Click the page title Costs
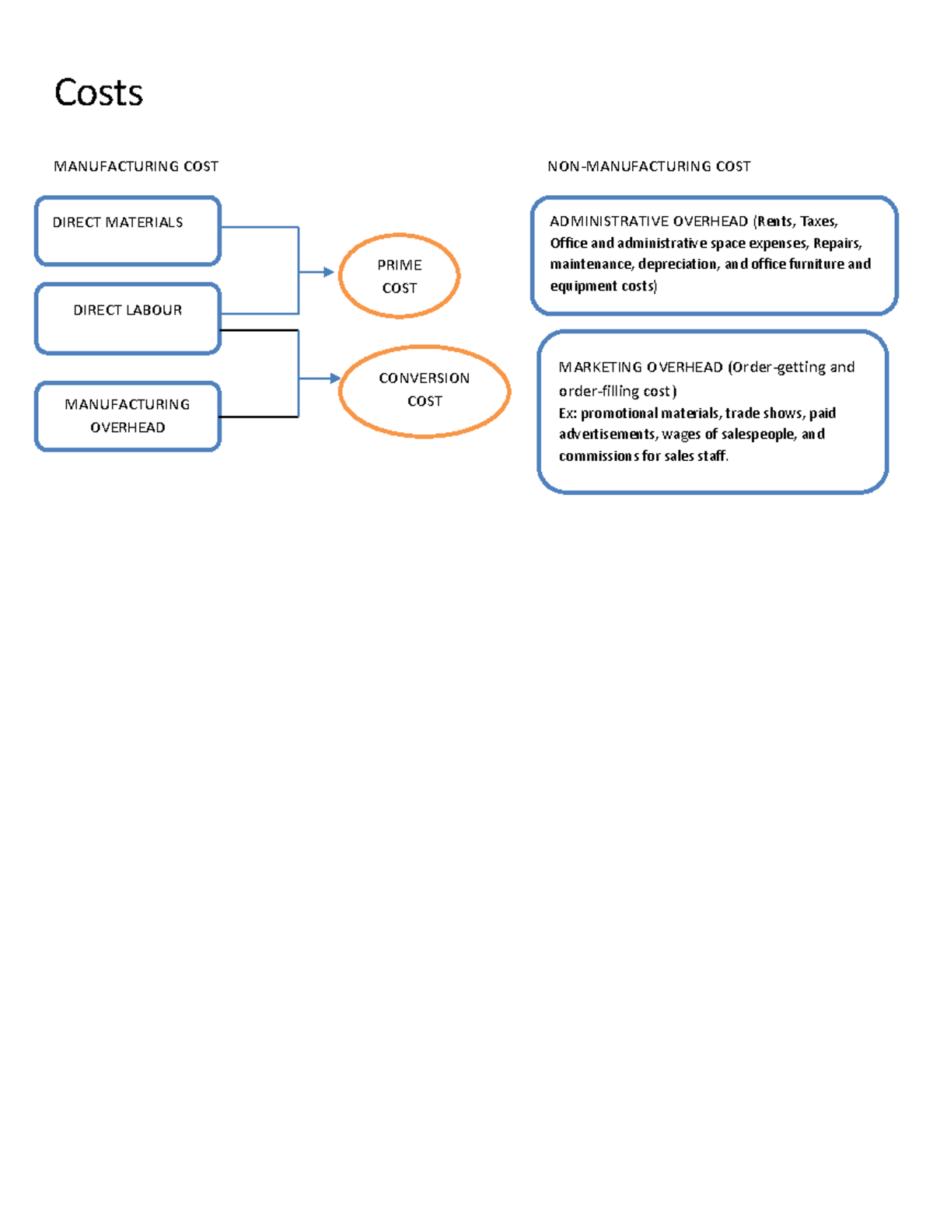99,92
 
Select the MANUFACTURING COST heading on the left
136,166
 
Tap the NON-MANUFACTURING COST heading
648,166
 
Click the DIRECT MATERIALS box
128,231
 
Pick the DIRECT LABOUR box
128,319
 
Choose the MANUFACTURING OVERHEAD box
128,416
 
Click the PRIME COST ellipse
400,276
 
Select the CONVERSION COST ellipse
425,390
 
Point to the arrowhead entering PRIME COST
329,272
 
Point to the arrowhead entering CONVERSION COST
335,378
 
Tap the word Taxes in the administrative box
819,222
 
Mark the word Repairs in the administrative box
837,243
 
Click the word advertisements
608,434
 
